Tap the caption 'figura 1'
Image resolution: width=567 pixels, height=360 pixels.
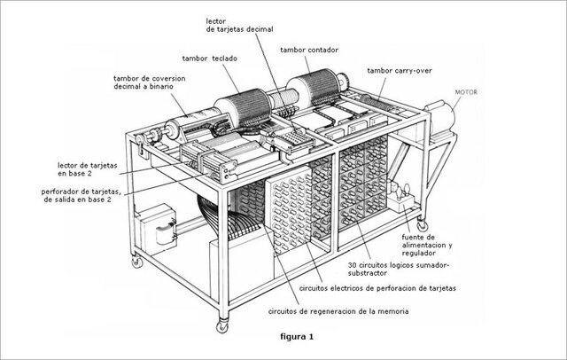292,337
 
